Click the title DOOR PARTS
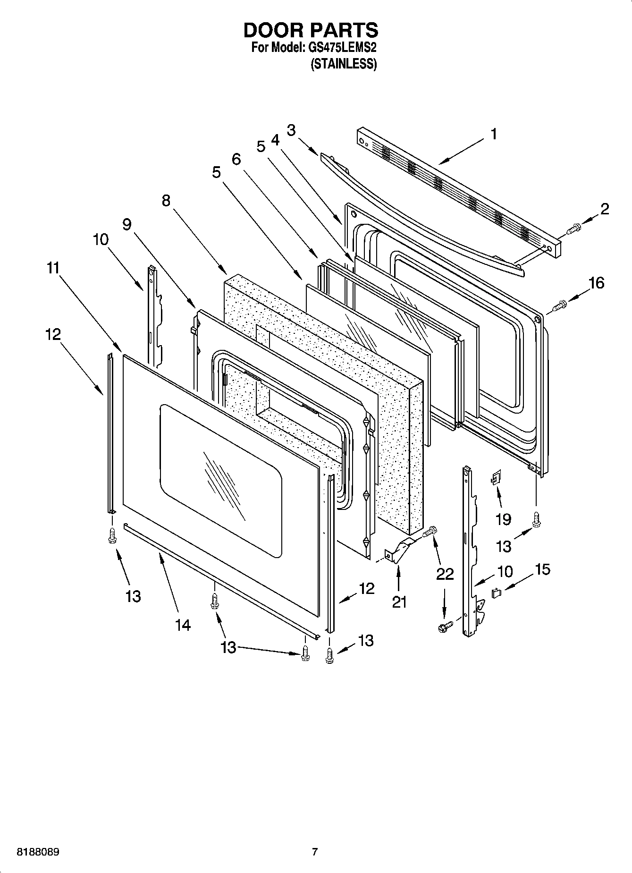(x=311, y=30)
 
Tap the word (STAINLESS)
(x=343, y=64)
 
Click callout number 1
(x=493, y=135)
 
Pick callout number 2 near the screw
(x=604, y=209)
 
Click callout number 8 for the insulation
(x=166, y=201)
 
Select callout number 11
(x=53, y=268)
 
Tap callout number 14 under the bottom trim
(x=183, y=625)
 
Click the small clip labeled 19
(x=495, y=479)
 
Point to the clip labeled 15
(x=496, y=593)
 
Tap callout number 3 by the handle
(x=291, y=130)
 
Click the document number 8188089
(x=38, y=853)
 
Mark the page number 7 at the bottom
(x=314, y=852)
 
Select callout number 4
(x=275, y=140)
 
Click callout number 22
(x=445, y=574)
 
